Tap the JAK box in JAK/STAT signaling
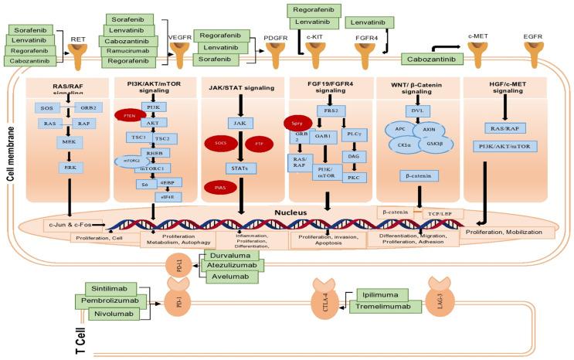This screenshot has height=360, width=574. (238, 122)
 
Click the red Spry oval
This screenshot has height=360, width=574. (297, 122)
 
